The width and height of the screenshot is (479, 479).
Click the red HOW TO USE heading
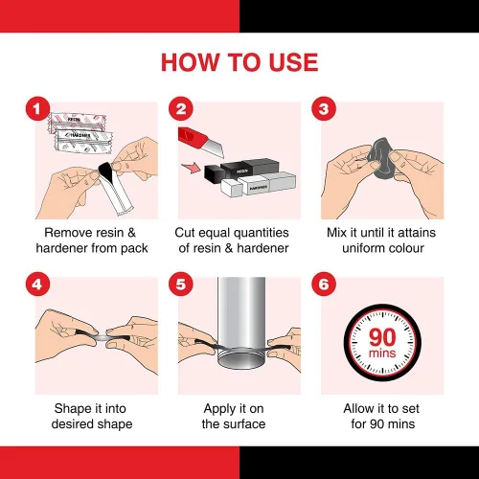(x=239, y=62)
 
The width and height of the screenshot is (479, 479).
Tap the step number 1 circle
(x=37, y=108)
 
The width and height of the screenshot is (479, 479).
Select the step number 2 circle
(x=181, y=108)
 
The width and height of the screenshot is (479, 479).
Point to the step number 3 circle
(x=324, y=108)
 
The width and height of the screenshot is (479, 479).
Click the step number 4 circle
(x=37, y=284)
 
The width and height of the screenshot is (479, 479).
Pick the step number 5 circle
(x=181, y=284)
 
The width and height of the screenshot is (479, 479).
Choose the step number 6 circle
(x=324, y=284)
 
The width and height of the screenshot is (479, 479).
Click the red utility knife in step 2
(x=200, y=142)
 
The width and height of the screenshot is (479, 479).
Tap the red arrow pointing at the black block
(x=191, y=168)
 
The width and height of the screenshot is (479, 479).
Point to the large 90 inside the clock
(x=382, y=337)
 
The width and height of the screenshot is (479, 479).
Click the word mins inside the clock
(x=382, y=354)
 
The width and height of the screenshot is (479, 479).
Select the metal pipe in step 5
(x=241, y=323)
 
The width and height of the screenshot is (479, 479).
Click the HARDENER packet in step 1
(x=83, y=141)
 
